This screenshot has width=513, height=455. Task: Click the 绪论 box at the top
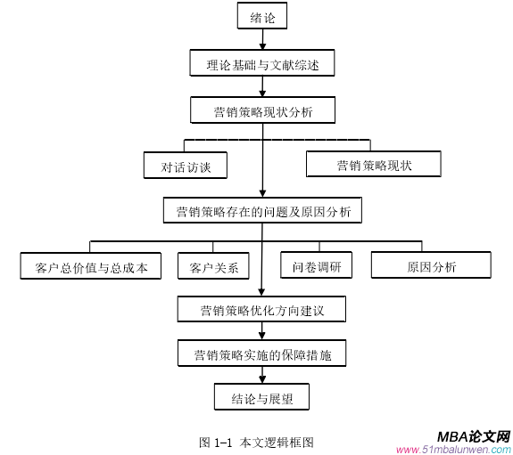pos(261,16)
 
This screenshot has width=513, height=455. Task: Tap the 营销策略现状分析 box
pos(261,110)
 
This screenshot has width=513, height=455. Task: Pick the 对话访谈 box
pos(186,166)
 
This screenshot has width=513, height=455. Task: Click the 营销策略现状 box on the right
pos(373,164)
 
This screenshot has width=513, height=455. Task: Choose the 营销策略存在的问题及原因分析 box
pos(261,211)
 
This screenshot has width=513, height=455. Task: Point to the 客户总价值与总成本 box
pos(90,266)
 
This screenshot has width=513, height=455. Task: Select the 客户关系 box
pos(213,266)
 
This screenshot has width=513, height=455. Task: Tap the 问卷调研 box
pos(316,265)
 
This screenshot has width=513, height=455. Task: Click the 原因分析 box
pos(431,265)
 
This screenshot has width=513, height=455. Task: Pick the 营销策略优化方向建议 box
pos(261,311)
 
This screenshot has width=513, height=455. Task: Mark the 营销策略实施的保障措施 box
pos(261,354)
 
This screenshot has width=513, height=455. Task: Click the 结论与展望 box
pos(261,397)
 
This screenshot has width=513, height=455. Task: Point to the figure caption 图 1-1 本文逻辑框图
pos(256,440)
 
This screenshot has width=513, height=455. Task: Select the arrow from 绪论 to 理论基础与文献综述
pos(261,40)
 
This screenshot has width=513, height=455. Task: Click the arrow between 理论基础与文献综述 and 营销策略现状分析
pos(261,87)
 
